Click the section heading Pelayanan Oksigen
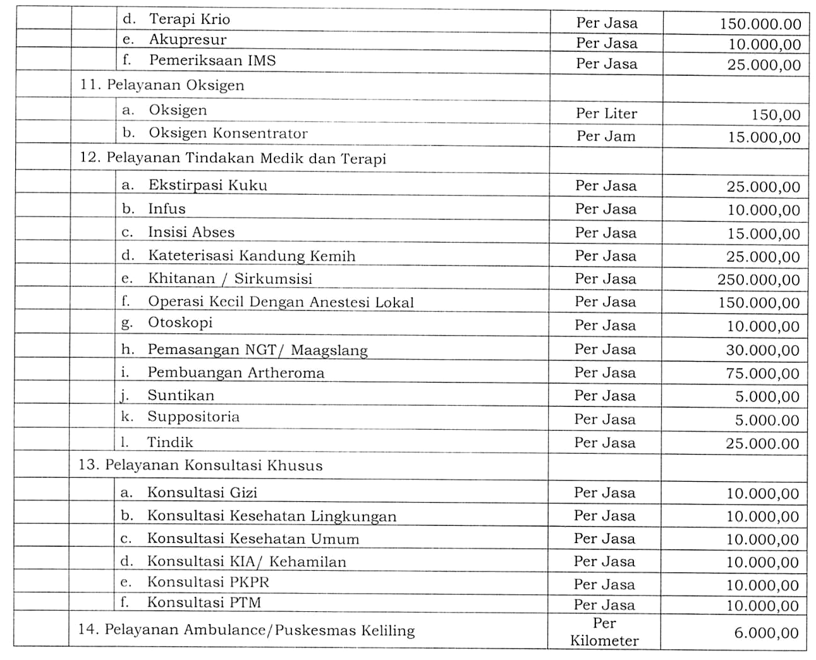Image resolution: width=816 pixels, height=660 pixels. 175,85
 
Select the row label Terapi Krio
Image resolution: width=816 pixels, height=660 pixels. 189,20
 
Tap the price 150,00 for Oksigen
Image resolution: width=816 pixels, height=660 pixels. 776,115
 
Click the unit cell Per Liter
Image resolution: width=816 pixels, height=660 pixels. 606,114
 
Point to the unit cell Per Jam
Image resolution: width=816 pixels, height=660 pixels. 606,137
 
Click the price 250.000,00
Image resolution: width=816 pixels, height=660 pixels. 758,280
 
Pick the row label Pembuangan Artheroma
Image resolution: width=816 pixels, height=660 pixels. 236,372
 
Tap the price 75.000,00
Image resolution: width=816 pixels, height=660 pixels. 763,374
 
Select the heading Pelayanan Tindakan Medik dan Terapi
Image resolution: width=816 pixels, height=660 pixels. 246,158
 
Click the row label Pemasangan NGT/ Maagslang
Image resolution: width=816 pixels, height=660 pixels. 257,350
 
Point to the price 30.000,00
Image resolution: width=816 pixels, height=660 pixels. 763,350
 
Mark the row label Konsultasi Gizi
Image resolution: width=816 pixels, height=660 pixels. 202,492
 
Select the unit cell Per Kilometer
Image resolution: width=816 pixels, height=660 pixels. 604,632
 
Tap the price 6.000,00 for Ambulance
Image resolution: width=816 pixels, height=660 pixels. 766,633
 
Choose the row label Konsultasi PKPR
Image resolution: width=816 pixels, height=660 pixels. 209,582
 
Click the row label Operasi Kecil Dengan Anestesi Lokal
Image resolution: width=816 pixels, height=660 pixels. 281,302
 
